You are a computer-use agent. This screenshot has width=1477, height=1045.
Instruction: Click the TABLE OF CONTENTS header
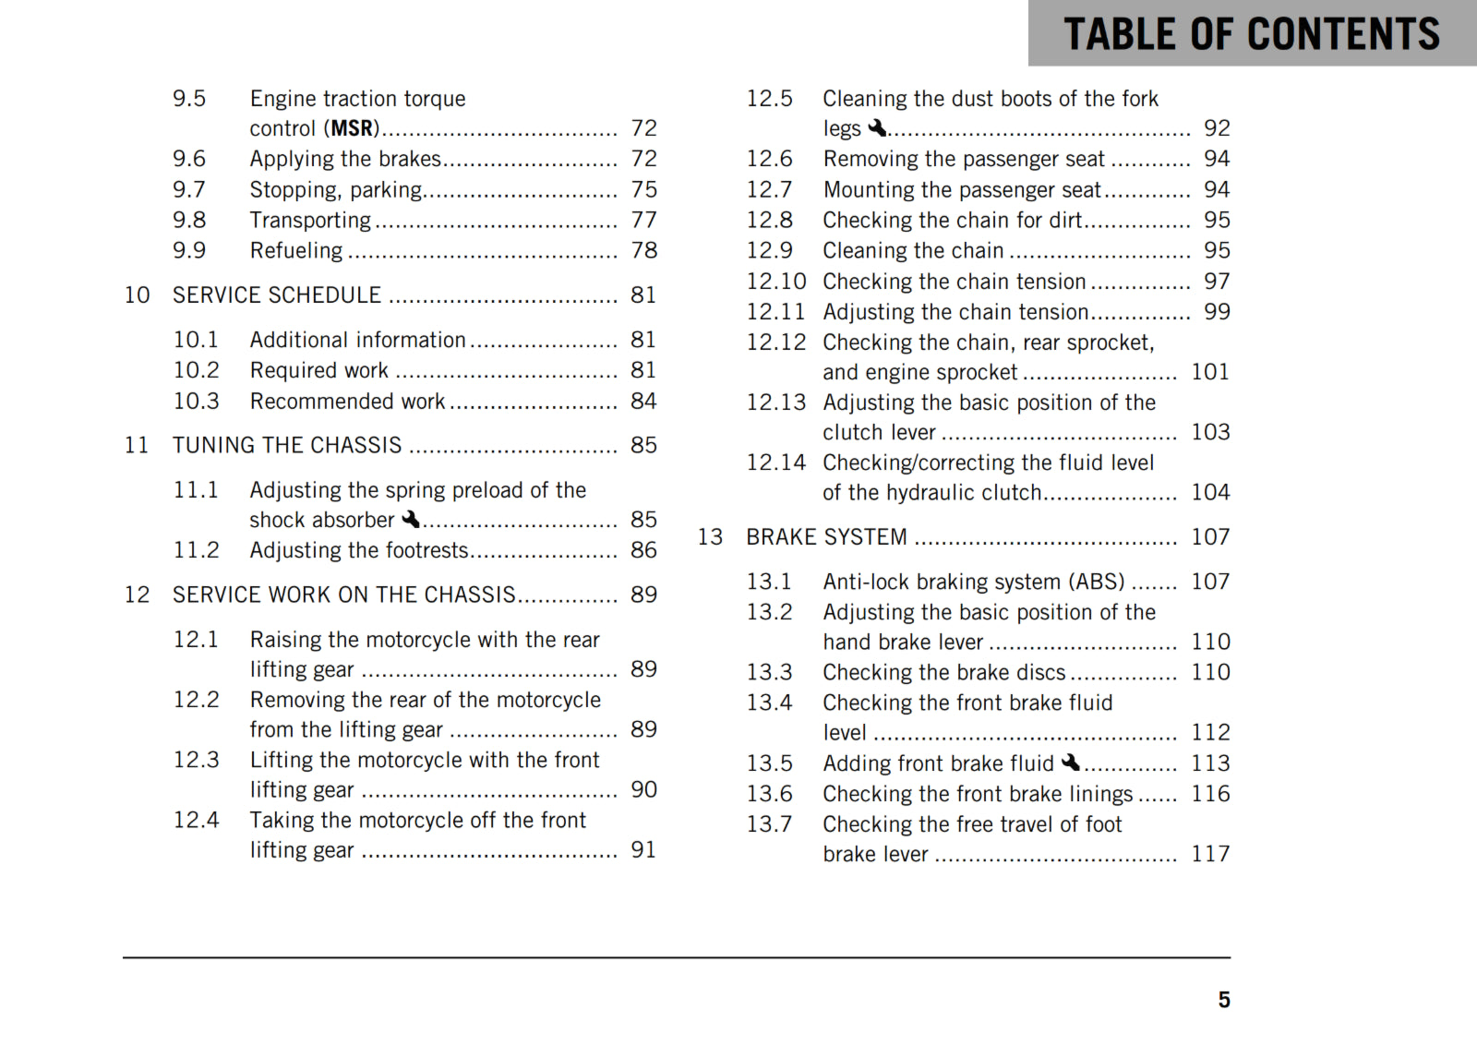(1251, 34)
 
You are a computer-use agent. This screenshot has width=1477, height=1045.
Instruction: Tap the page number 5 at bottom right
(1223, 1000)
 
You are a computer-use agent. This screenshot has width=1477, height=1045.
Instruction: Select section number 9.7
(189, 190)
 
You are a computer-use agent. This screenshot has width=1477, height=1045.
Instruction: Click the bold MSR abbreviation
(353, 128)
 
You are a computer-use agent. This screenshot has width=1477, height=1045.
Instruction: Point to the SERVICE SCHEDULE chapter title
(276, 295)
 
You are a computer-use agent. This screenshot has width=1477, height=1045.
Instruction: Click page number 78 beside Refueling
(643, 250)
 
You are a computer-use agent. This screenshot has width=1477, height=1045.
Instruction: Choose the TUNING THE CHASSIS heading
(286, 446)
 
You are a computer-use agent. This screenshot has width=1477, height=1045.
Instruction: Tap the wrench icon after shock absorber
(410, 520)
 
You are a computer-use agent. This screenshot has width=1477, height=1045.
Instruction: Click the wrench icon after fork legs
(876, 127)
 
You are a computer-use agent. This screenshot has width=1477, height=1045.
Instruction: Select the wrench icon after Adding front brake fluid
(1070, 763)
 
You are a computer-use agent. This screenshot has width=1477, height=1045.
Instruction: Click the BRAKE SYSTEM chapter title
(826, 537)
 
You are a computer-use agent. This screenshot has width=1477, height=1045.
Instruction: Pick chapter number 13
(710, 537)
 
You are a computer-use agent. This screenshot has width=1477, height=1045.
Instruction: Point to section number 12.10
(775, 282)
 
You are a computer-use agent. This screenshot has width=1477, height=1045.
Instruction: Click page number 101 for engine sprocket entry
(1209, 372)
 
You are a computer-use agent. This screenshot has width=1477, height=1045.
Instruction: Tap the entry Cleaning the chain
(913, 251)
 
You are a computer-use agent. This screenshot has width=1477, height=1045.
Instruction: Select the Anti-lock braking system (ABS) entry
(973, 582)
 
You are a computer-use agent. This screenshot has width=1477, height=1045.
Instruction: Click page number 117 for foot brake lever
(1209, 854)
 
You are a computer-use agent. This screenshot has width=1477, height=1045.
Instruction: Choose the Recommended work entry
(347, 402)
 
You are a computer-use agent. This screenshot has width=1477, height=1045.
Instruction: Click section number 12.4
(197, 820)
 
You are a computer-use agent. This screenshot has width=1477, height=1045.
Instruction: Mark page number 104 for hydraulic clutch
(1209, 492)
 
